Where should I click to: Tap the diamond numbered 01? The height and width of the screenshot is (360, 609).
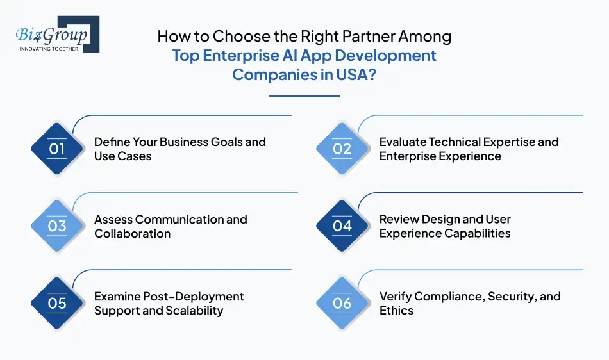tap(57, 149)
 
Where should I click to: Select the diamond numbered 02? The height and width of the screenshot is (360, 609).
tap(342, 149)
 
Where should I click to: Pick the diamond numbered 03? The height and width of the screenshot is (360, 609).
tap(57, 226)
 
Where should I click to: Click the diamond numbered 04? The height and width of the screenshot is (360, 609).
tap(342, 226)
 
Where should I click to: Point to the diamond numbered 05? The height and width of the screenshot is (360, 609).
tap(57, 303)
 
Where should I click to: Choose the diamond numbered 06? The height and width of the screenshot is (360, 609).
tap(342, 303)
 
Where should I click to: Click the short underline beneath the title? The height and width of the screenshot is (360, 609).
tap(304, 96)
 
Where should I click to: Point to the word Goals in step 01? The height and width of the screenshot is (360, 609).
tap(212, 142)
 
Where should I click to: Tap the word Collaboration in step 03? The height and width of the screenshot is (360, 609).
tap(133, 234)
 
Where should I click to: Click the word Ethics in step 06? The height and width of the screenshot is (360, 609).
tap(396, 311)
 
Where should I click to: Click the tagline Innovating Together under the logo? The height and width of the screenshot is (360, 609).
tap(49, 49)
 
